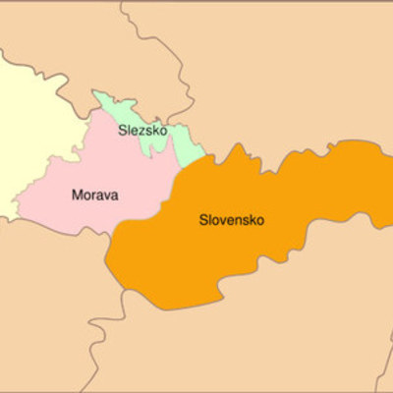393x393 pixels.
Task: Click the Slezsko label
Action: [x=142, y=131]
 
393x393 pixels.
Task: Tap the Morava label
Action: [x=95, y=195]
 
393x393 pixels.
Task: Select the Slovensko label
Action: [x=231, y=220]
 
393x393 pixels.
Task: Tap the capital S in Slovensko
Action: [x=202, y=220]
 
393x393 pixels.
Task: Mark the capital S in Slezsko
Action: [x=123, y=131]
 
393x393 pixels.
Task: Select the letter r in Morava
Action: [x=96, y=196]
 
